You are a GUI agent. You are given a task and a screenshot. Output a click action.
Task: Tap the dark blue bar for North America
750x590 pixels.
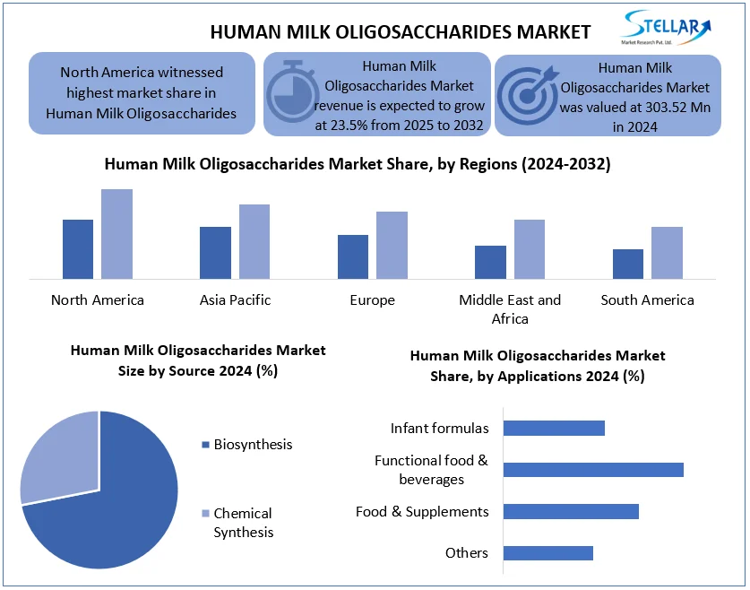(x=78, y=248)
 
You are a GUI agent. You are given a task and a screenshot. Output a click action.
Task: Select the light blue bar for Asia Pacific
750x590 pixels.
(x=254, y=241)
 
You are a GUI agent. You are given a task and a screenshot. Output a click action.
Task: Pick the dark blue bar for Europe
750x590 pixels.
(x=353, y=256)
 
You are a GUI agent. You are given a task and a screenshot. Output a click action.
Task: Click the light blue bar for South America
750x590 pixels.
(x=667, y=252)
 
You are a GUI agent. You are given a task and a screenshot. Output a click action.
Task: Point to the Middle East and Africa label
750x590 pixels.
(x=510, y=309)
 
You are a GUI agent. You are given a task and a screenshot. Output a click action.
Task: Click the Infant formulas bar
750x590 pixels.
(x=554, y=428)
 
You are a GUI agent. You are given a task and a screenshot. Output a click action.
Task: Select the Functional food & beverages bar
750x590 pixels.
(x=593, y=470)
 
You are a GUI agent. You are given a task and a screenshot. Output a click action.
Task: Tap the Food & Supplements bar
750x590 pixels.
(x=571, y=511)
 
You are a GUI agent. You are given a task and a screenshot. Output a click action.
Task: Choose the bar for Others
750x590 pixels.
(x=548, y=553)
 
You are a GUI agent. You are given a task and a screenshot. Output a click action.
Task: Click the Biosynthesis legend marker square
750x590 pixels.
(x=206, y=445)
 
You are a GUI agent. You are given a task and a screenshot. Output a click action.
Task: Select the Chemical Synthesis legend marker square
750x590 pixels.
(x=206, y=514)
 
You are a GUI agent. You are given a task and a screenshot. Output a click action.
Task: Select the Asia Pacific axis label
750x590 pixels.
(x=235, y=299)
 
